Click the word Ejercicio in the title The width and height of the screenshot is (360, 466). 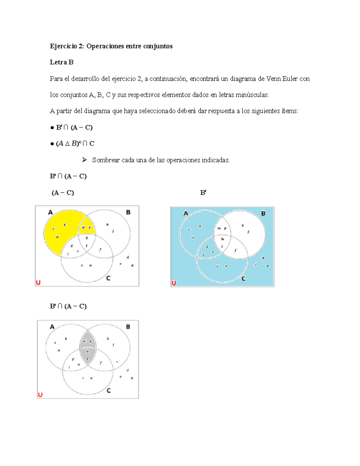[x=63, y=46]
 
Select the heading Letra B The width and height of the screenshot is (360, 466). [x=61, y=62]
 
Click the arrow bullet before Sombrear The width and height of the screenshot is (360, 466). [x=84, y=160]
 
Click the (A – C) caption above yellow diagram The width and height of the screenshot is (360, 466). [x=63, y=193]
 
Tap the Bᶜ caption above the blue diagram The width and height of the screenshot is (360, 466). [x=203, y=193]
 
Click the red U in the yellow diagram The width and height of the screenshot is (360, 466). [x=38, y=282]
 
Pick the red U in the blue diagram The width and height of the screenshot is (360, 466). [x=174, y=283]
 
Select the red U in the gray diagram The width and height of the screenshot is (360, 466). [x=40, y=395]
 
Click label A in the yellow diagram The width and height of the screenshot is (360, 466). [x=50, y=212]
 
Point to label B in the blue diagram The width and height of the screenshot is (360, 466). [x=263, y=214]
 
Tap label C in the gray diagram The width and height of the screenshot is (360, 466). [x=109, y=390]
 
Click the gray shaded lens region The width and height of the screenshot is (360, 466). [x=88, y=348]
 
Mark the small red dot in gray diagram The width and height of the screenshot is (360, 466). [x=117, y=362]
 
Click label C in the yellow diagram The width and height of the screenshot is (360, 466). [x=108, y=278]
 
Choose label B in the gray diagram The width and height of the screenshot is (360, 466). [x=128, y=327]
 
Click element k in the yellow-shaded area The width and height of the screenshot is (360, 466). [x=64, y=224]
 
